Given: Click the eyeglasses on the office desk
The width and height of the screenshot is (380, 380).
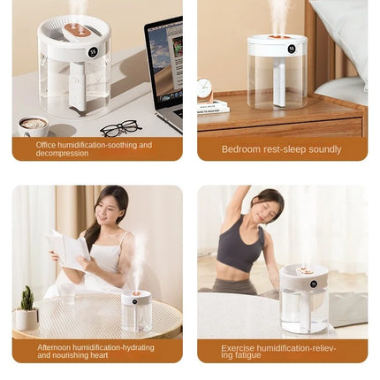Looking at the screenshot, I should tap(120, 128).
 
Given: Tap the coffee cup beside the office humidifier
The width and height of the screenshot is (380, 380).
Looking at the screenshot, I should tap(34, 126).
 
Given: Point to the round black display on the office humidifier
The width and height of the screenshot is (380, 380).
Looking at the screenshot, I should tap(92, 51).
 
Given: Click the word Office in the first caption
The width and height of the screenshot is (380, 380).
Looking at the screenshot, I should tap(47, 144).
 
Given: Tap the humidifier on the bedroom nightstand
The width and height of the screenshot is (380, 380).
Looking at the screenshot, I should tap(277, 71).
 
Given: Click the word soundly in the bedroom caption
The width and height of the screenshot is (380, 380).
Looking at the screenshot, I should tap(324, 149).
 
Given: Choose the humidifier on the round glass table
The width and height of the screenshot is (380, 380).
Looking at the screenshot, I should tap(136, 311).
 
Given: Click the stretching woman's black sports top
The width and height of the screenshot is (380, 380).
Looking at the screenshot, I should tap(240, 249).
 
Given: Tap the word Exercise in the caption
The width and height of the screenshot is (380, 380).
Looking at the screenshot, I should tap(236, 348).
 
